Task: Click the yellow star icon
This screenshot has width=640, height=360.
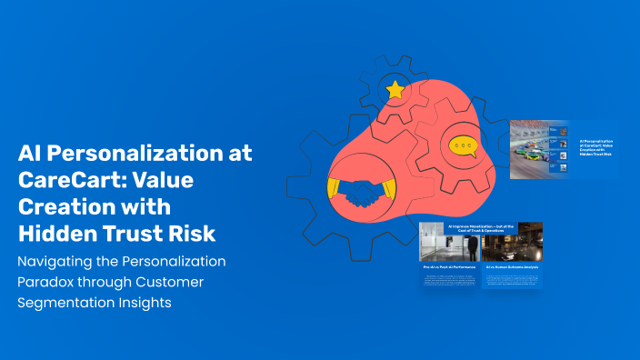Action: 395,89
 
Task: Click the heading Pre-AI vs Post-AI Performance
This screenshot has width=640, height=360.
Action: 449,267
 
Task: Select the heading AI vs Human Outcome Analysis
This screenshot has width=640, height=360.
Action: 512,267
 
